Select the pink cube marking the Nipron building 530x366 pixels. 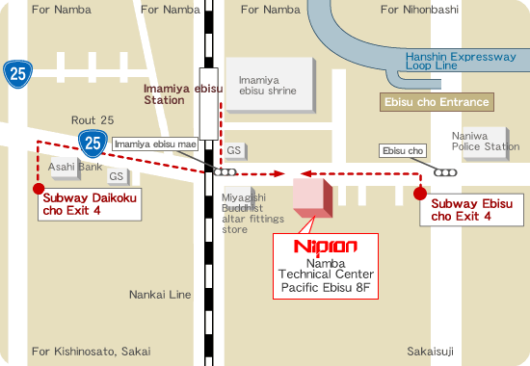pyautogui.click(x=311, y=196)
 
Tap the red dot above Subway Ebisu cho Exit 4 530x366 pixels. pyautogui.click(x=419, y=194)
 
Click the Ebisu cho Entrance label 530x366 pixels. pyautogui.click(x=435, y=102)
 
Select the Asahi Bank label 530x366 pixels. pyautogui.click(x=75, y=167)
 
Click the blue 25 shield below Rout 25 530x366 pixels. pyautogui.click(x=93, y=144)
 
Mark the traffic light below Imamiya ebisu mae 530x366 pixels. pyautogui.click(x=225, y=172)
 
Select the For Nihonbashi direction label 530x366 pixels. pyautogui.click(x=420, y=10)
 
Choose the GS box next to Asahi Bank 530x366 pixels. pyautogui.click(x=117, y=177)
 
